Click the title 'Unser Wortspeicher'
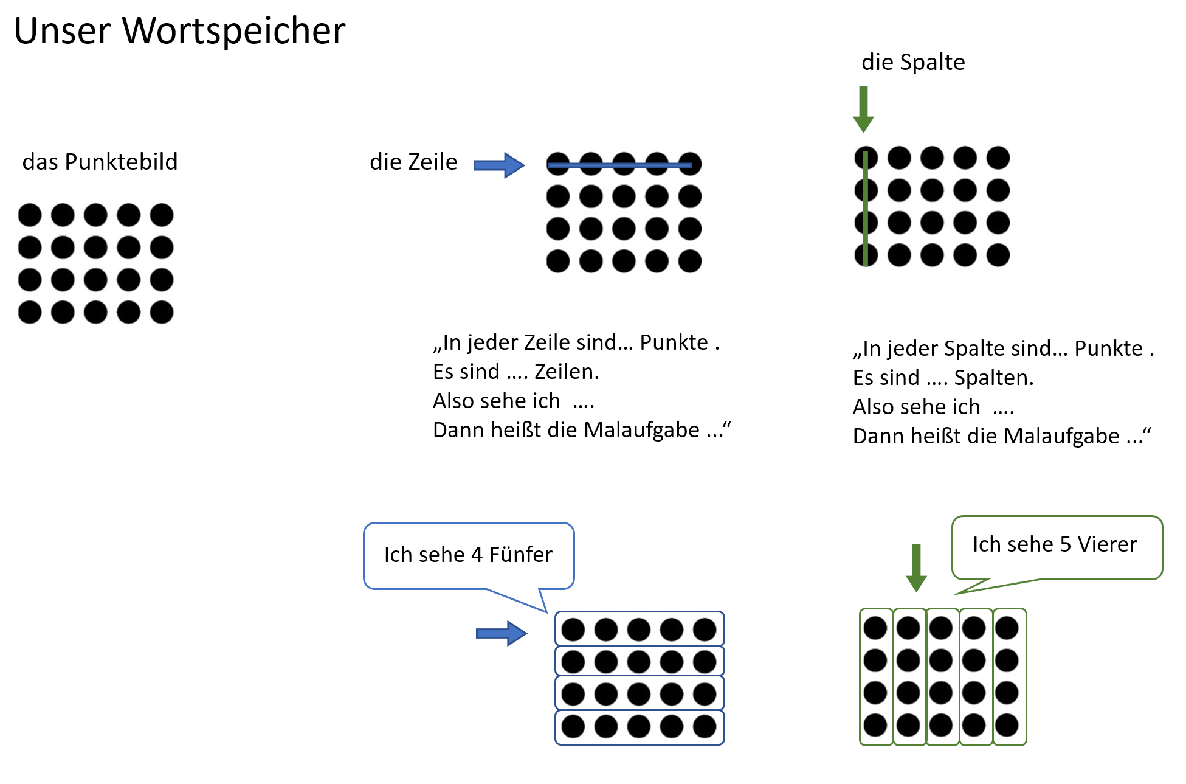point(179,30)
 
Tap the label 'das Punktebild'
point(100,162)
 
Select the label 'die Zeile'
point(413,162)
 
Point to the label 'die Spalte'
point(913,62)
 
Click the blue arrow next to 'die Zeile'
point(498,165)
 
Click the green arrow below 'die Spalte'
point(863,109)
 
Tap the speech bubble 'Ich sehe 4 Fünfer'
point(468,555)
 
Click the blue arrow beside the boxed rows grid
point(501,634)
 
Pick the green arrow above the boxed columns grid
point(916,567)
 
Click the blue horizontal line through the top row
point(620,165)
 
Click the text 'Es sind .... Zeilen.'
point(515,372)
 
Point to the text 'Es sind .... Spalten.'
point(943,378)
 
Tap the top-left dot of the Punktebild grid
point(30,215)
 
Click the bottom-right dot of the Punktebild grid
point(162,312)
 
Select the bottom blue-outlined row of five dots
point(640,727)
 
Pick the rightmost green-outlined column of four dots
point(1009,676)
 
